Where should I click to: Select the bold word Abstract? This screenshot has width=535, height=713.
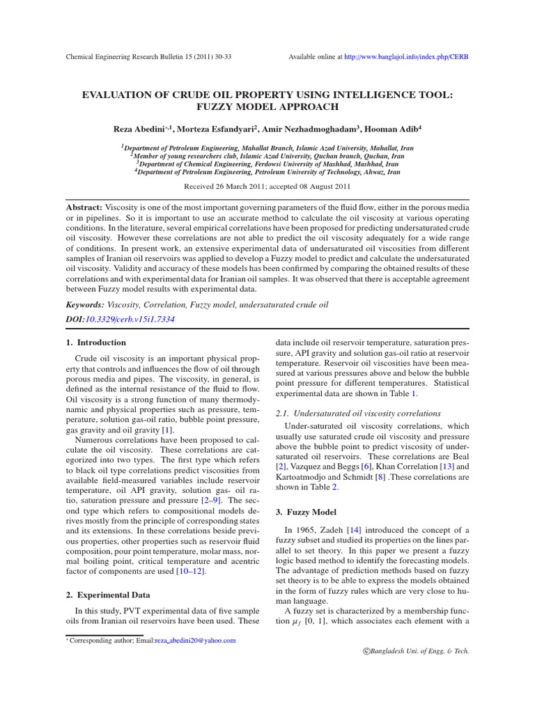(84, 208)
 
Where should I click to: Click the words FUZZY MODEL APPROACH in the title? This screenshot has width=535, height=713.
(267, 107)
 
